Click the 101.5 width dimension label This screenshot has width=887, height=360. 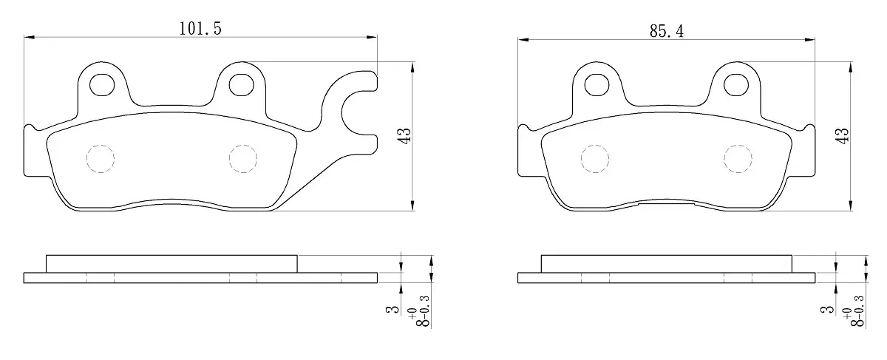200,29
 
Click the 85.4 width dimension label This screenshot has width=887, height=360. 667,31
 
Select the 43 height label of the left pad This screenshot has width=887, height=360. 405,136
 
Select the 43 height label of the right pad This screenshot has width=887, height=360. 842,136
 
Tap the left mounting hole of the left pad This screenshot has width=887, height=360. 102,85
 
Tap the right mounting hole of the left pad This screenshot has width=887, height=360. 242,85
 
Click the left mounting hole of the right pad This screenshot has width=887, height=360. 597,85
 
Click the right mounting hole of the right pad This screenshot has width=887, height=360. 736,85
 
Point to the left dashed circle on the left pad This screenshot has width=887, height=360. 101,158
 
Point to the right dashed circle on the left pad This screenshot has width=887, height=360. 243,158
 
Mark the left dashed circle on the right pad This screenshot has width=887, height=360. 595,158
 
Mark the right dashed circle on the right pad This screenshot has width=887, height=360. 738,158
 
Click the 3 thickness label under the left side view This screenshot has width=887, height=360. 393,309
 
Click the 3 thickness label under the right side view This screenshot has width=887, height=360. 827,309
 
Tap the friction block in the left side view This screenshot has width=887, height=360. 171,264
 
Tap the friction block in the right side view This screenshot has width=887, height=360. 667,264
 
